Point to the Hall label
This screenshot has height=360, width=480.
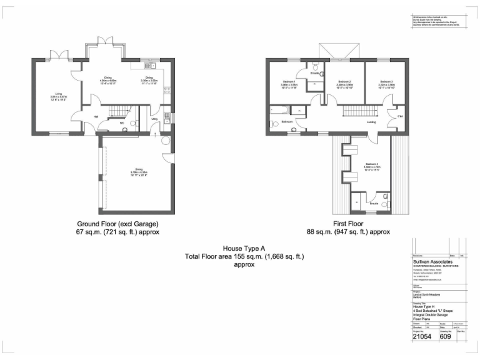click(96, 116)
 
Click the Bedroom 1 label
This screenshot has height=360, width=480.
click(289, 82)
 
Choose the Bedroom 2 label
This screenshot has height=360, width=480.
click(344, 82)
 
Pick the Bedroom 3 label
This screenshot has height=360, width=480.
click(386, 82)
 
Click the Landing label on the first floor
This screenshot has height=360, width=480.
click(371, 122)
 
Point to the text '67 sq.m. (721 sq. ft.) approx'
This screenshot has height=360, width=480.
click(118, 232)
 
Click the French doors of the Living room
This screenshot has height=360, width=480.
click(60, 57)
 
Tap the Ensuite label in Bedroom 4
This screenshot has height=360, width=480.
click(373, 203)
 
